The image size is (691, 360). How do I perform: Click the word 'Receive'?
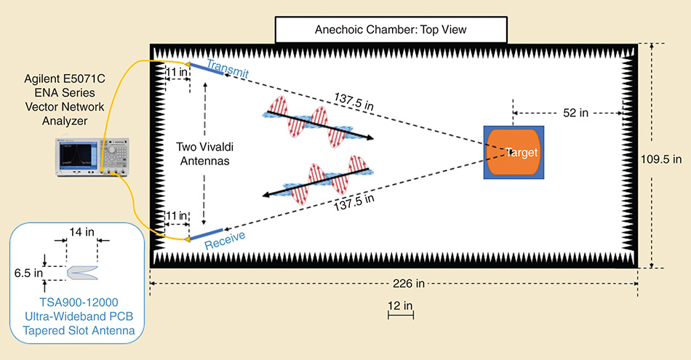(225, 241)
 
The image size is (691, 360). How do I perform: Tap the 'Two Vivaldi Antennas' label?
(203, 154)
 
